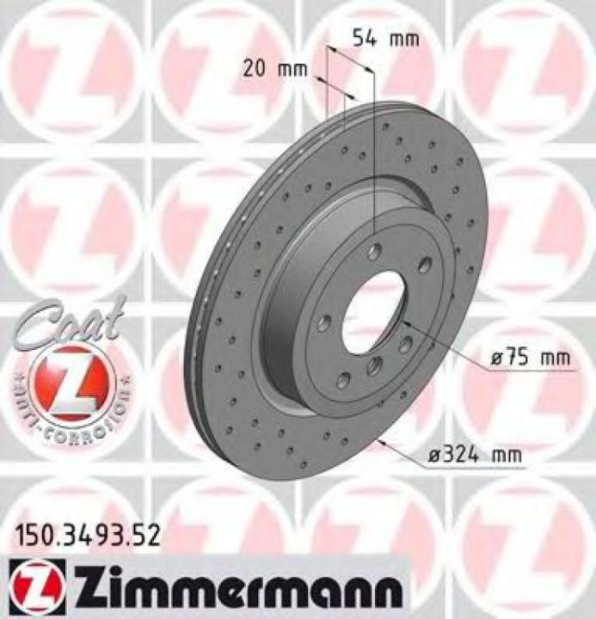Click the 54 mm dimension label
385,39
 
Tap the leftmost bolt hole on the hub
324,323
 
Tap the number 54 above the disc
364,39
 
